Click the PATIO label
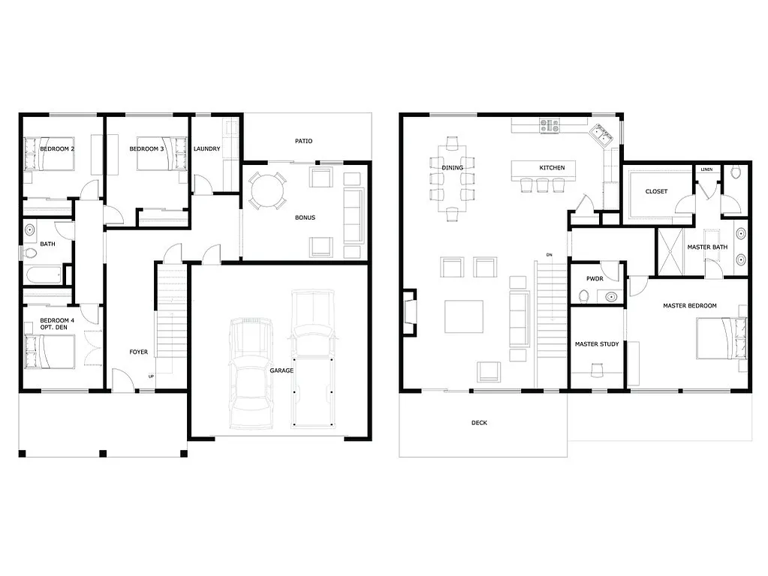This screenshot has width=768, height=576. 303,141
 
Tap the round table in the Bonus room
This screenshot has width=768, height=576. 267,191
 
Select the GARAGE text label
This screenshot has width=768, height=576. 282,370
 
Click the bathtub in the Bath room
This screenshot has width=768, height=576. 44,275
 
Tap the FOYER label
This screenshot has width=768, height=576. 139,352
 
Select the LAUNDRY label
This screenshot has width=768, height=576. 207,148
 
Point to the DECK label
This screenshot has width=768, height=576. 479,423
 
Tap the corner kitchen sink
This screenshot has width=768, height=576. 601,136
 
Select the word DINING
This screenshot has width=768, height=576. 453,167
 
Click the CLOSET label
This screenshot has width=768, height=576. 656,191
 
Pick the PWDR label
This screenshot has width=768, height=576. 595,278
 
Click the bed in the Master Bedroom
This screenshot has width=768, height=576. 721,338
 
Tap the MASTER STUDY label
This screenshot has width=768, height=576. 597,344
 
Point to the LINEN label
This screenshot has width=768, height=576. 706,169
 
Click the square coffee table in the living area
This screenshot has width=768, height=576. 463,316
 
